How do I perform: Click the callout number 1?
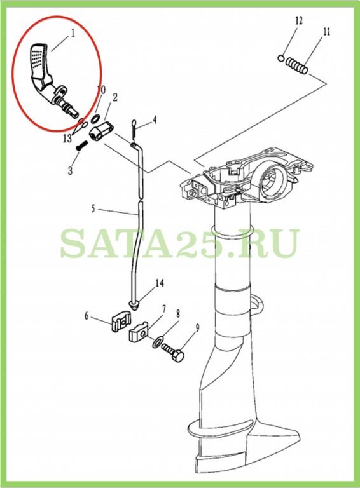(73, 33)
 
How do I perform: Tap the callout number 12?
(298, 21)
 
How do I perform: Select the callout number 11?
(326, 32)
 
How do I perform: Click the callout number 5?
(93, 208)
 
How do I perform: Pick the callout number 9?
(197, 328)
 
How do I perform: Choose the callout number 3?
(71, 170)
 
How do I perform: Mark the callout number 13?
(67, 138)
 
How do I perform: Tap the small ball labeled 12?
(280, 58)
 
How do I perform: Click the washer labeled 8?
(156, 342)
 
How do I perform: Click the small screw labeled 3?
(81, 146)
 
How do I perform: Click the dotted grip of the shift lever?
(38, 58)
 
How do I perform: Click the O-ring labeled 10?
(95, 118)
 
